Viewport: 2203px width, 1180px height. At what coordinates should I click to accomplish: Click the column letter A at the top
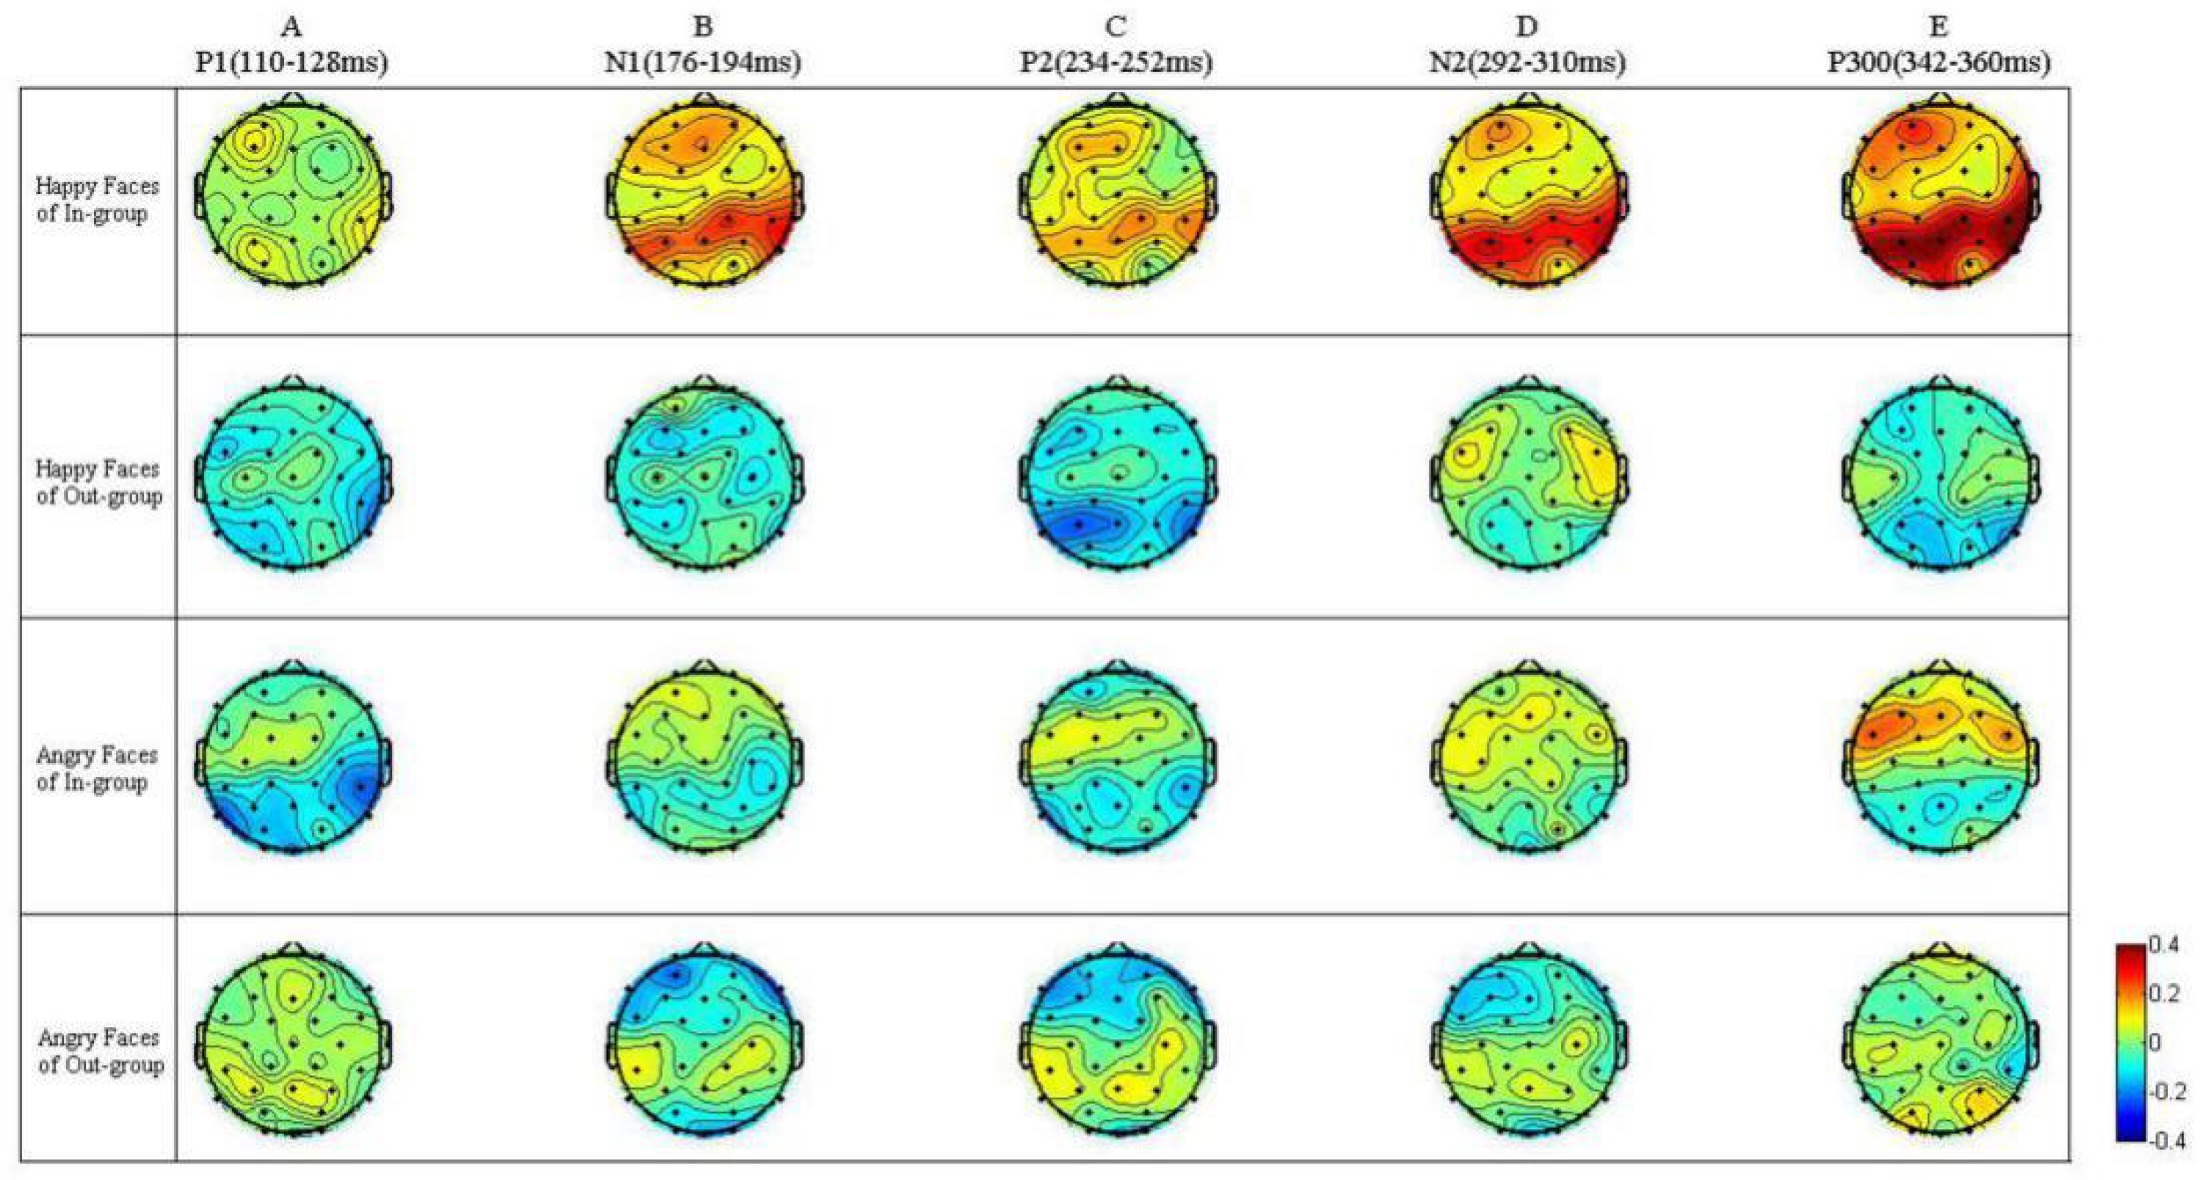(x=291, y=27)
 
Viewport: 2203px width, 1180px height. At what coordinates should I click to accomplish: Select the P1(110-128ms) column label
(x=291, y=62)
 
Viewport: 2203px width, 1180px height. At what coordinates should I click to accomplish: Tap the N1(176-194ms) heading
(x=702, y=62)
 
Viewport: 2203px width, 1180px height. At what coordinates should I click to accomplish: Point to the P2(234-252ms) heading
(x=1115, y=62)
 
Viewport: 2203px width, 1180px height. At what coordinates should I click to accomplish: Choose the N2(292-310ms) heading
(x=1527, y=62)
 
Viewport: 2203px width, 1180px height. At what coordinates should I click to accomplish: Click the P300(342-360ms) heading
(x=1938, y=62)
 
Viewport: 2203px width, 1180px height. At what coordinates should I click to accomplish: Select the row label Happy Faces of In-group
(x=97, y=199)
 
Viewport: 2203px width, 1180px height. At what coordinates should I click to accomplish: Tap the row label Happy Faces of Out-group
(x=98, y=482)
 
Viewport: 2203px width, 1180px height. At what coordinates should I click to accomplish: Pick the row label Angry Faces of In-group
(x=97, y=768)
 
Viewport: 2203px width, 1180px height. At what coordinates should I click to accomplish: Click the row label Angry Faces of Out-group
(x=100, y=1051)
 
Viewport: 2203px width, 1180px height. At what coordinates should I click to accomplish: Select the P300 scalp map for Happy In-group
(x=1939, y=194)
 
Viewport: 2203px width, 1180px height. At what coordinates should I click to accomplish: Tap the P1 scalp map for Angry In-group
(x=292, y=759)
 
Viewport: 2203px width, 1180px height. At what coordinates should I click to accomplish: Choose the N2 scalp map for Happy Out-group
(x=1527, y=475)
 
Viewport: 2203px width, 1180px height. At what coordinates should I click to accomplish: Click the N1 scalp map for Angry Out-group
(x=703, y=1043)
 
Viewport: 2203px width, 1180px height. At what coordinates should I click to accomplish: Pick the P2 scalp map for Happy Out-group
(x=1115, y=475)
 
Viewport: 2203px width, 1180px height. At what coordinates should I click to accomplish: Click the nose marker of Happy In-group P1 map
(x=292, y=97)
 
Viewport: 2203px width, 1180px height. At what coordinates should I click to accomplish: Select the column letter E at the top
(x=1938, y=27)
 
